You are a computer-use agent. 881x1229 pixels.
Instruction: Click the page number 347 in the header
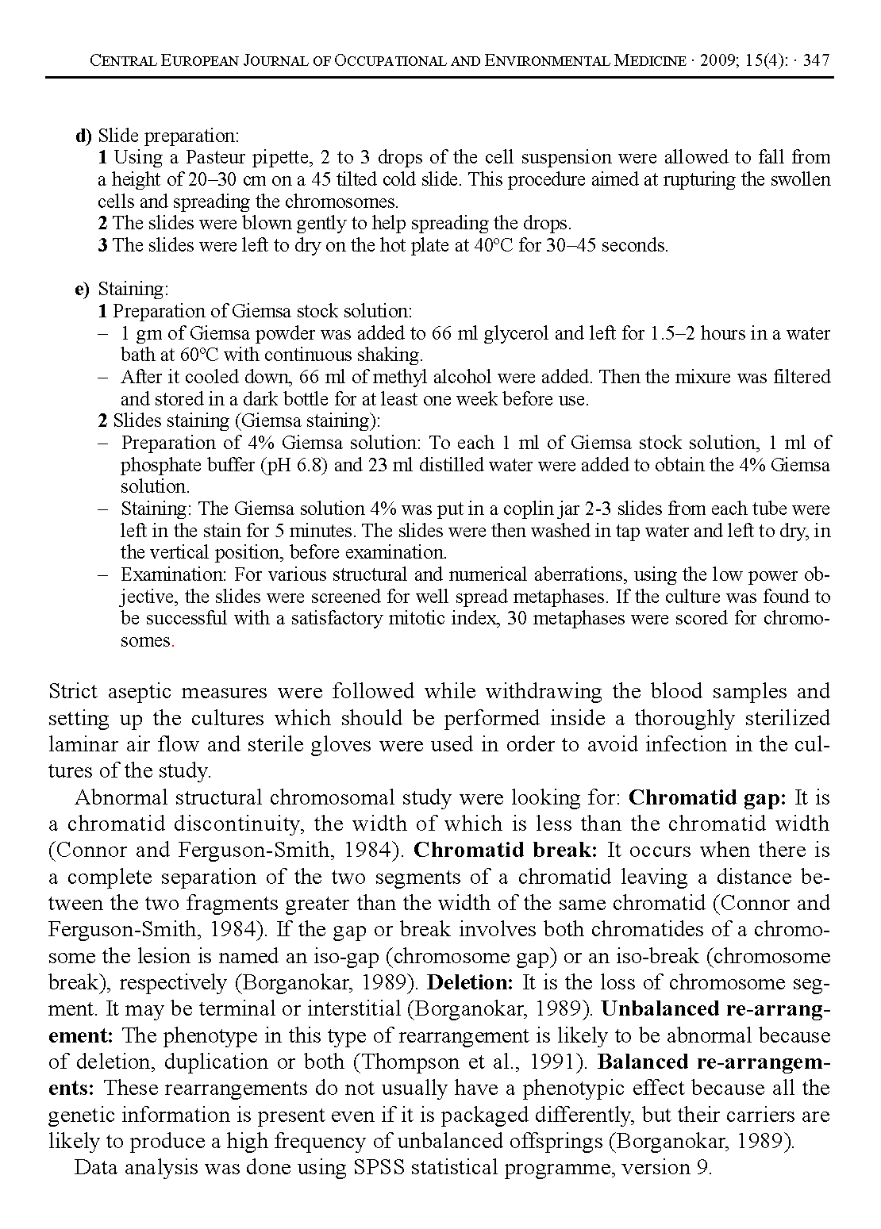click(x=817, y=61)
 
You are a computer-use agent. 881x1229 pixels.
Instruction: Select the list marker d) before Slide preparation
click(x=84, y=136)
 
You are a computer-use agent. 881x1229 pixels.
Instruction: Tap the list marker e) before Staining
click(x=83, y=290)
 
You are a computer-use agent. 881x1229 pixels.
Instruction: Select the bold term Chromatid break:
click(x=506, y=851)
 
